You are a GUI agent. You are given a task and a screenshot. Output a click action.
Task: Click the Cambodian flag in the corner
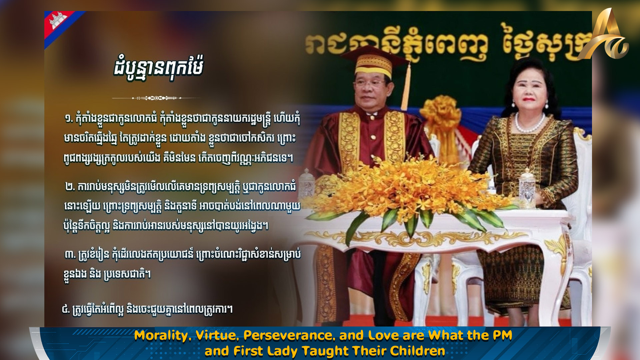point(60,25)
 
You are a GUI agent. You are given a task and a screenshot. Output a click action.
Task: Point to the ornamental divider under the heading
point(157,98)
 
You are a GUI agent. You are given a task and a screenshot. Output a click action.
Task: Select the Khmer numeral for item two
point(70,187)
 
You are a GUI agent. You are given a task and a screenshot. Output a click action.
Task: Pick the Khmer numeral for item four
point(66,309)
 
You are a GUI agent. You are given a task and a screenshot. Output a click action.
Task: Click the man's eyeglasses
point(370,83)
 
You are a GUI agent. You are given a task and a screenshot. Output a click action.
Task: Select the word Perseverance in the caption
point(289,335)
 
